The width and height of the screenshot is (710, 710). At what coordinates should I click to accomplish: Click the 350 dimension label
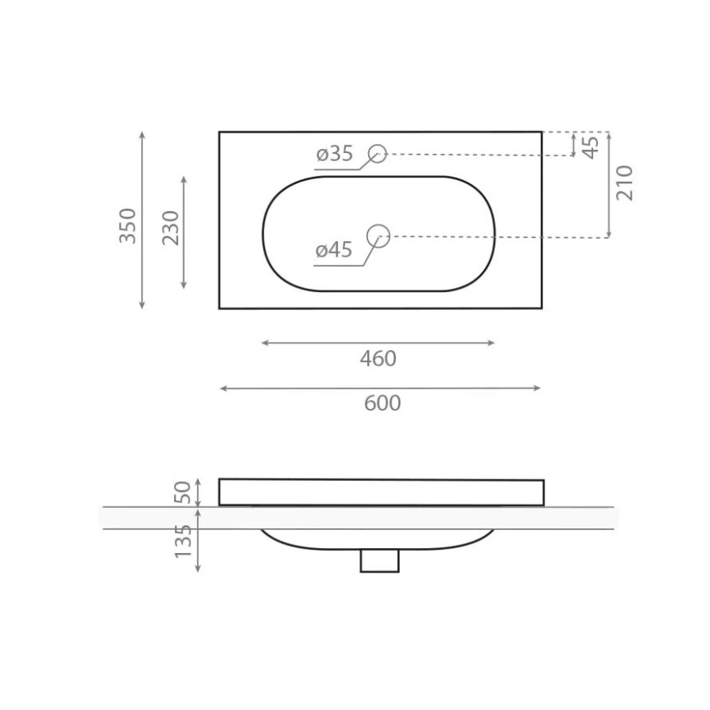tap(128, 225)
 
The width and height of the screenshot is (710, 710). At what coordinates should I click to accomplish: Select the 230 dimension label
tap(170, 228)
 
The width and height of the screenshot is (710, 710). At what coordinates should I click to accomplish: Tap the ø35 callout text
tap(334, 154)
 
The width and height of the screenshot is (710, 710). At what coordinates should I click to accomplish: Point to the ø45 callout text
tap(334, 250)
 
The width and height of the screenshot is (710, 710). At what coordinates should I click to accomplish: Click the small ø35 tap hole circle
tap(377, 153)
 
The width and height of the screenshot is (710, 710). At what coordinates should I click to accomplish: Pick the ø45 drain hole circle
tap(378, 236)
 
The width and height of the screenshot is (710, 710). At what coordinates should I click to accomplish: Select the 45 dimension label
tap(591, 146)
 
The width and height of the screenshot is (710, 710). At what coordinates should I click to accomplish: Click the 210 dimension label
tap(625, 182)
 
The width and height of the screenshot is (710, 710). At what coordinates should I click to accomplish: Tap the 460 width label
tap(378, 359)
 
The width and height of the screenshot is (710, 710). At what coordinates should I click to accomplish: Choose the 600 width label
tap(382, 404)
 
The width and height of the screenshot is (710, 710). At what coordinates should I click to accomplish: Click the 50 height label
tap(183, 492)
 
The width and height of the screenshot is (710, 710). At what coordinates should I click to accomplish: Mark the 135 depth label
tap(183, 541)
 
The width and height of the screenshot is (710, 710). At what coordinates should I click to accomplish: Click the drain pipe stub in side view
tap(380, 560)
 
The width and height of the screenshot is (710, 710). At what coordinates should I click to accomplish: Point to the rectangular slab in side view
tap(381, 492)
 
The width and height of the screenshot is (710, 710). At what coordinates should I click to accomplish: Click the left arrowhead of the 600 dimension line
tap(222, 389)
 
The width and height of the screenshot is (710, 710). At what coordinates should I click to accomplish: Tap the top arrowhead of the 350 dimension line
tap(142, 134)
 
